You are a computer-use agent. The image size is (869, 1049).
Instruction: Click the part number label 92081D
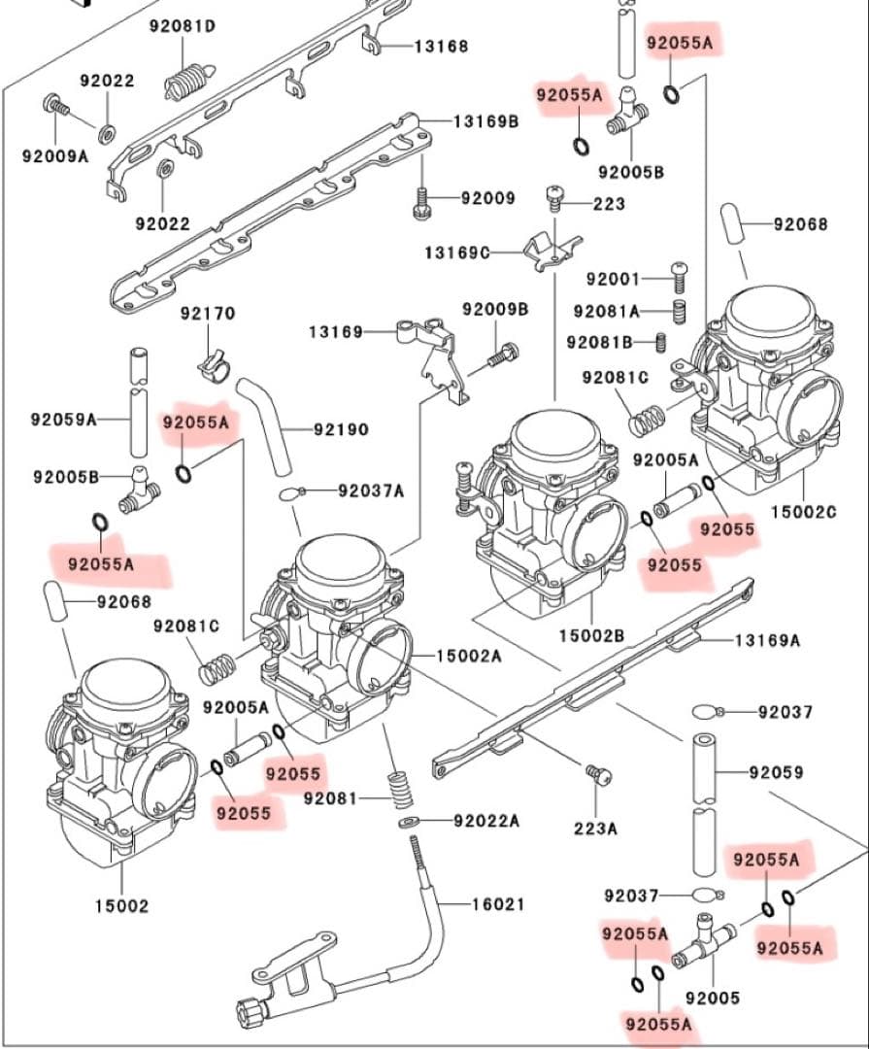point(183,26)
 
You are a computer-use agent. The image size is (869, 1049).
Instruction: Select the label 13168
point(441,46)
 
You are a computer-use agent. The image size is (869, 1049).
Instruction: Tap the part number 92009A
point(55,155)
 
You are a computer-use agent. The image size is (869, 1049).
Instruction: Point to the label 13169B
point(486,121)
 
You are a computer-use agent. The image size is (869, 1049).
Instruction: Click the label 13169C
point(456,253)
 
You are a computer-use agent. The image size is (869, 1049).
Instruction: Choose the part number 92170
point(207,314)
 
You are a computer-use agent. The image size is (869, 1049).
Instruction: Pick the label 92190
point(340,428)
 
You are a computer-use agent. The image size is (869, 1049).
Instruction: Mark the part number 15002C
point(803,511)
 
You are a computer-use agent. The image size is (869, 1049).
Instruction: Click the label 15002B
point(591,635)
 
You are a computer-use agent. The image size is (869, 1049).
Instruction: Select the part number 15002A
point(468,656)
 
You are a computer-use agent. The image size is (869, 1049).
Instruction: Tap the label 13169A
point(767,640)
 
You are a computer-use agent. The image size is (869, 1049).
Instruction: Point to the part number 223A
point(595,829)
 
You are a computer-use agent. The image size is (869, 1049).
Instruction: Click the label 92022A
point(486,821)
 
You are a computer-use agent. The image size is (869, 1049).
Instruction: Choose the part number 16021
point(497,904)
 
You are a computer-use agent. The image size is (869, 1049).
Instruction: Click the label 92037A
point(370,491)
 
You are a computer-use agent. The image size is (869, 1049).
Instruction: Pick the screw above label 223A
point(598,774)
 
